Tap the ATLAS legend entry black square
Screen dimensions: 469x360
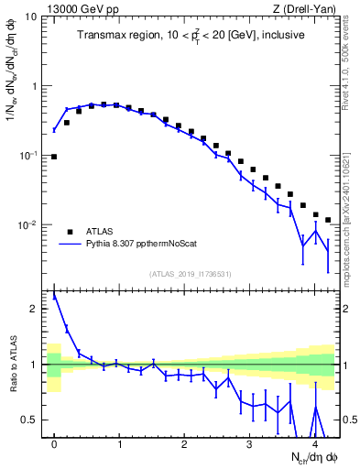(x=69, y=231)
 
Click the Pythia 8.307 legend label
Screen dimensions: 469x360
(x=140, y=245)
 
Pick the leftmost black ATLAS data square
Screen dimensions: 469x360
(x=54, y=157)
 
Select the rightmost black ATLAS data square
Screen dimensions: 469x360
(x=328, y=220)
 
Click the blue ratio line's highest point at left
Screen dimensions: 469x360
(x=54, y=296)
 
